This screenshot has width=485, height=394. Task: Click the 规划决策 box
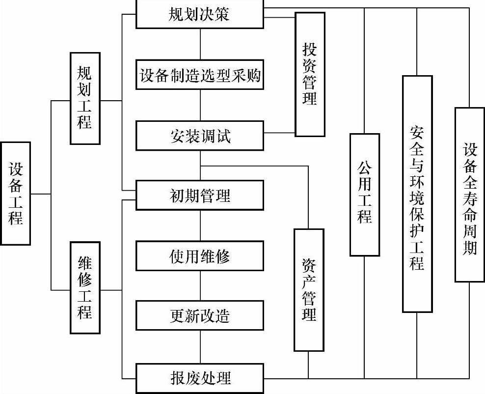pos(200,14)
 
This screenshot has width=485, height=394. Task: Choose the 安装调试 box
pos(200,136)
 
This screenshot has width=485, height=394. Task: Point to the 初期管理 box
pos(200,196)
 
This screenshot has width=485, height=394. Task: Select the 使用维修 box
pos(200,255)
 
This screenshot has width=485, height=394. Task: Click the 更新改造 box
pos(200,316)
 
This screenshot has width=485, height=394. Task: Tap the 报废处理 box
pos(200,378)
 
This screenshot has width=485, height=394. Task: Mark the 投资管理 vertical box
pos(310,74)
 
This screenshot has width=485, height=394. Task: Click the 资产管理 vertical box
pos(309,290)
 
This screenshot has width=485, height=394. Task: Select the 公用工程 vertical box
pos(364,194)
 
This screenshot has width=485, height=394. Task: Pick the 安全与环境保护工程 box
pos(417,194)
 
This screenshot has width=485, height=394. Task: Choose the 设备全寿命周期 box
pos(470,194)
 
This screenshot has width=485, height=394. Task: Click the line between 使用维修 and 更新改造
pos(200,286)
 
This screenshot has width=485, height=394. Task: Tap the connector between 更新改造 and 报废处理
pos(200,347)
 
